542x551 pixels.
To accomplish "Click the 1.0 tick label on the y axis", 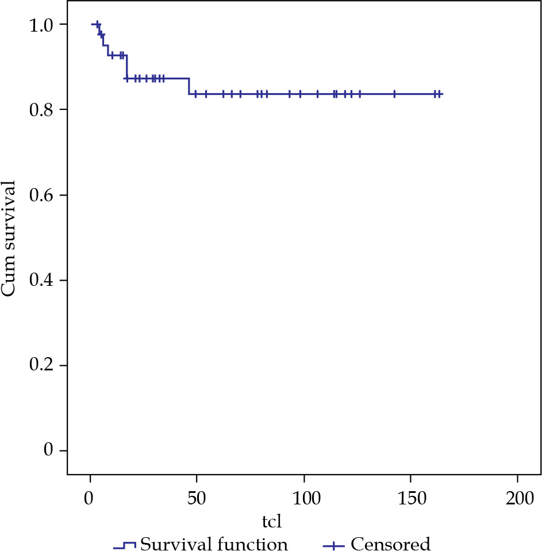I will coord(41,25).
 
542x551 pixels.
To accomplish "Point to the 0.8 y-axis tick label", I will coord(41,110).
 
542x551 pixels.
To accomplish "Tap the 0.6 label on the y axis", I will coord(41,195).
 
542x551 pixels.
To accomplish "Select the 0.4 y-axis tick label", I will coord(41,280).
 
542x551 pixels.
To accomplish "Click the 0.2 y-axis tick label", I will coord(41,365).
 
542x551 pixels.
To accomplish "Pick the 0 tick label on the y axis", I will coord(48,450).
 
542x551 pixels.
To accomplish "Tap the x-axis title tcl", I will coord(272,523).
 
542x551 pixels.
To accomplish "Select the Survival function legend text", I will coord(214,543).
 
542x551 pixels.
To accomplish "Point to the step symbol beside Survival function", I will coord(124,543).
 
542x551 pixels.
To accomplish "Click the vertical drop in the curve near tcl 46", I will coord(189,86).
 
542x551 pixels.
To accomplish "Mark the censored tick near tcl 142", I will coord(394,94).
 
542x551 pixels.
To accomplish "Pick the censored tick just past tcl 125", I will coord(360,94).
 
